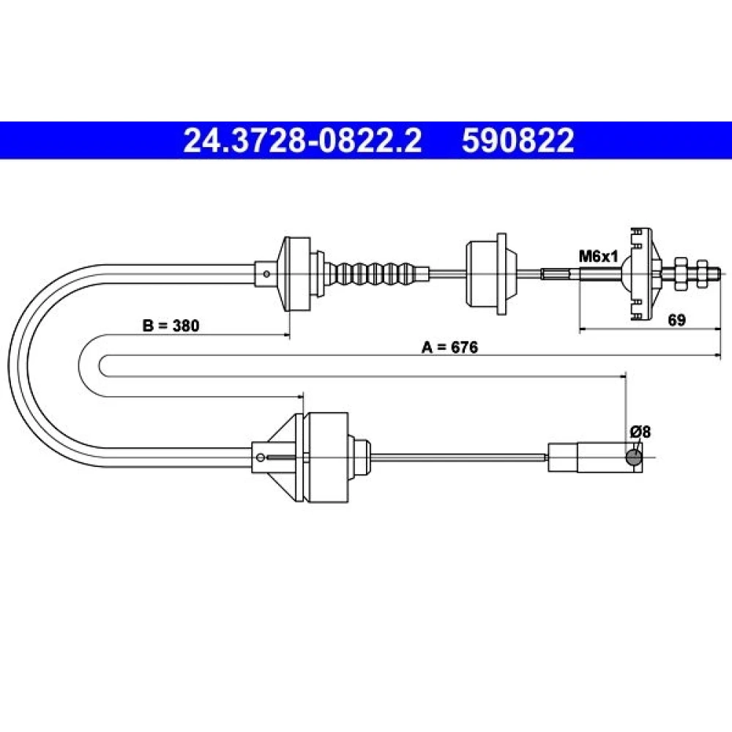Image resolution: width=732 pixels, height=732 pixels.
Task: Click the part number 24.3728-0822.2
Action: click(302, 141)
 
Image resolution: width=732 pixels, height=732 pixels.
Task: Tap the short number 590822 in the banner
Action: click(518, 141)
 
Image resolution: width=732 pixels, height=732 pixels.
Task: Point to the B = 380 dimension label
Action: click(171, 326)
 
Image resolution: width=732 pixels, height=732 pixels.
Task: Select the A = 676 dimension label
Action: click(450, 347)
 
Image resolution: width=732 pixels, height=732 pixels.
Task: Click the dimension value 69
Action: click(676, 321)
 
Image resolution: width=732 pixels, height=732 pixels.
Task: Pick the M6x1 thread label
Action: click(598, 256)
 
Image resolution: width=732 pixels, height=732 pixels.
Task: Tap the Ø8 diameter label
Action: click(640, 432)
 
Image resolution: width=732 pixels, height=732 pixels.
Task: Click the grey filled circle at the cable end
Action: click(633, 458)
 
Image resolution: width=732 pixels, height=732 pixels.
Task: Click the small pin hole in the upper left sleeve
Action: click(266, 274)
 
